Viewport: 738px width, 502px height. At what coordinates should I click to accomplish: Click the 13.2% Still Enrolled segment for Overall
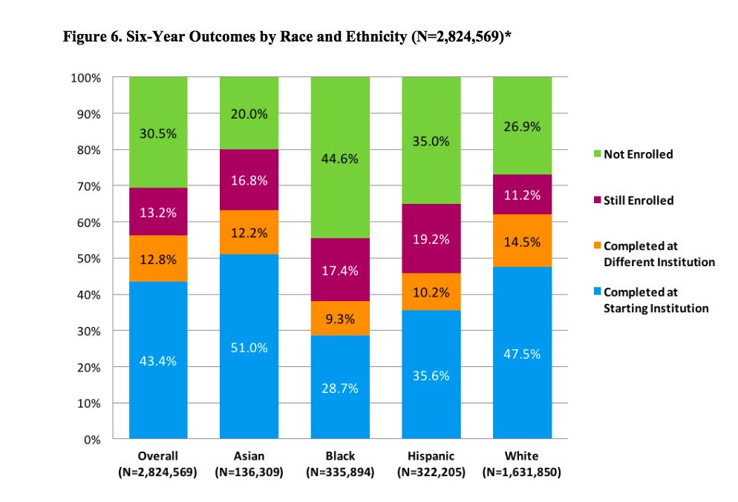[158, 211]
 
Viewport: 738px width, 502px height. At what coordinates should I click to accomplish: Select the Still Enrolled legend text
[639, 200]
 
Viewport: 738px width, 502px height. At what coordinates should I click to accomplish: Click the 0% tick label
[93, 440]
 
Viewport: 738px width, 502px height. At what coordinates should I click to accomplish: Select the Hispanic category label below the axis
[431, 456]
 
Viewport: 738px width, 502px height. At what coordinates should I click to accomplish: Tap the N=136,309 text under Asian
[249, 472]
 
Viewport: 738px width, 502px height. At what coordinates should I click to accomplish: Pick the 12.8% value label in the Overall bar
[158, 259]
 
